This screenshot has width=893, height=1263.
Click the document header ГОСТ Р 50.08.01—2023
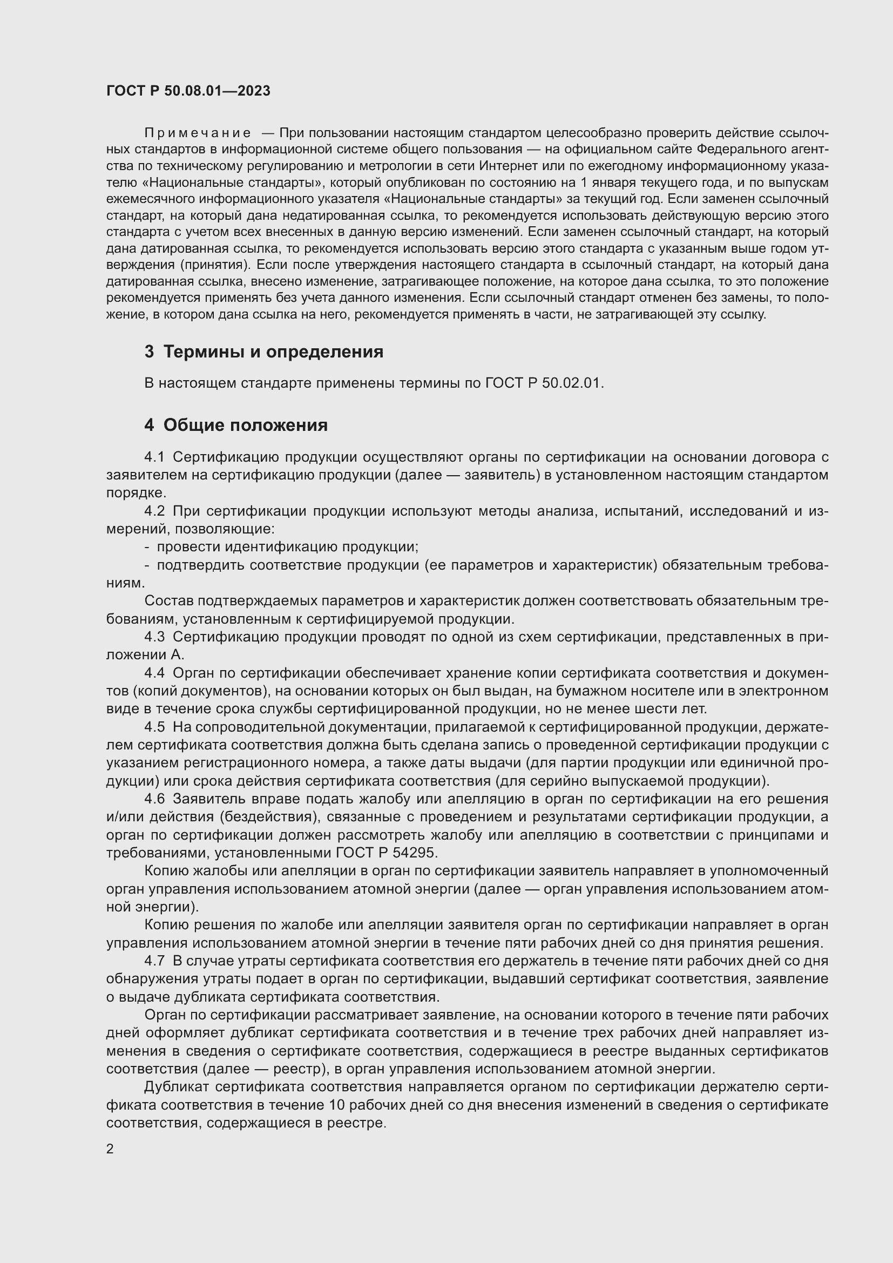point(188,91)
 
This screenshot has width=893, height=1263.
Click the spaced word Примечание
point(198,133)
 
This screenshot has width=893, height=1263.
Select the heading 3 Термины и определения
point(263,352)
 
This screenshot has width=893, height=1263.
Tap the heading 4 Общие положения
point(236,424)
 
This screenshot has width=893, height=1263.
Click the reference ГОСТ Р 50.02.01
point(544,383)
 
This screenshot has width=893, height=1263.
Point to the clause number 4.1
point(154,457)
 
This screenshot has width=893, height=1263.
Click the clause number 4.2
point(154,511)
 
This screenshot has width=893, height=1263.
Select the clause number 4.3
point(154,637)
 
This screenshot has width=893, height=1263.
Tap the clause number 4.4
point(154,673)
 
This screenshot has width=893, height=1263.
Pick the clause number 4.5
point(154,727)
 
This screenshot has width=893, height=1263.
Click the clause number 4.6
point(154,799)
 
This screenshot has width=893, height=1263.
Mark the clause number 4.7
point(154,961)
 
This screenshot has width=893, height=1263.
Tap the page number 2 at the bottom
point(110,1149)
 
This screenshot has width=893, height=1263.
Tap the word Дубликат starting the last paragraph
point(176,1087)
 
